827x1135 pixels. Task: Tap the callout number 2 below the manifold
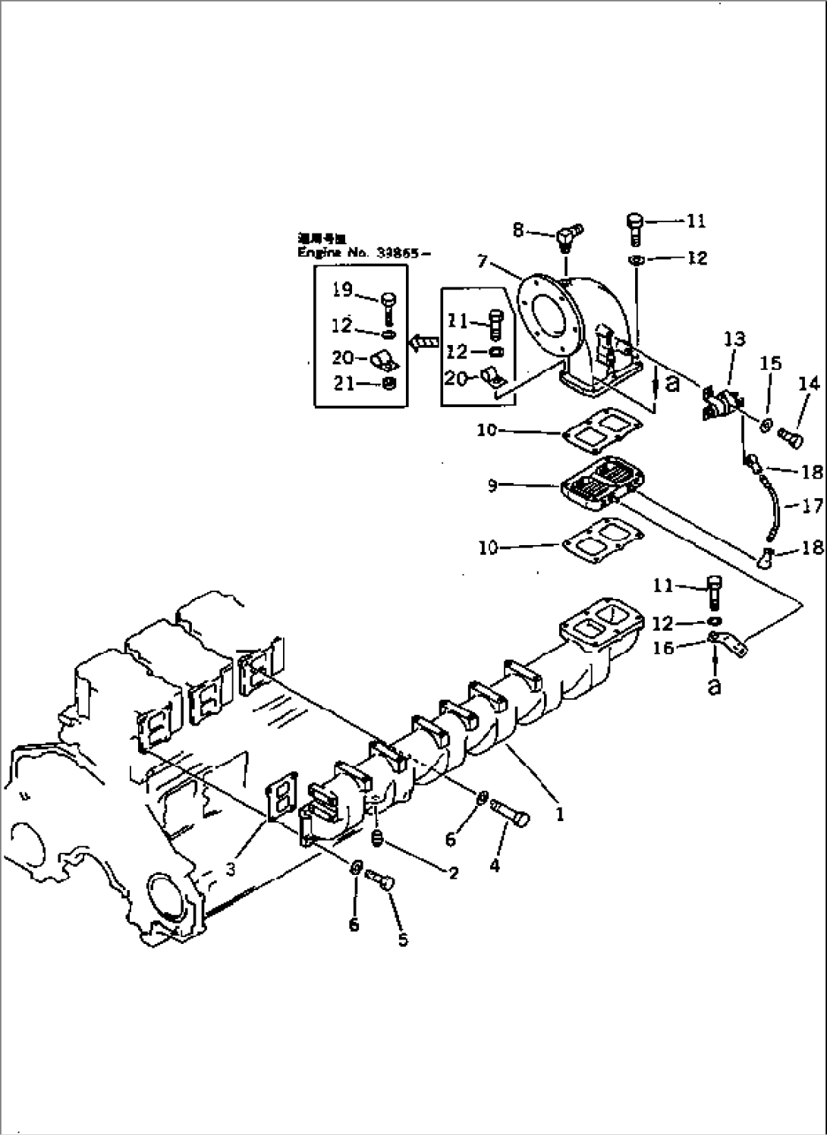coord(453,873)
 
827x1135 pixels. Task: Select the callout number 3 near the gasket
coord(231,870)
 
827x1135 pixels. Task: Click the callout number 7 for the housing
coord(483,262)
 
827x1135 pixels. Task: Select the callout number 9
coord(493,485)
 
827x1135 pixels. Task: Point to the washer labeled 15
coord(766,424)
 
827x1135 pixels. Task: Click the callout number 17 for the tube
coord(812,505)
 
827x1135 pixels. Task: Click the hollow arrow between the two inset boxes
coord(423,343)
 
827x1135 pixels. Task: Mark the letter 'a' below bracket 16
coord(714,686)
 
